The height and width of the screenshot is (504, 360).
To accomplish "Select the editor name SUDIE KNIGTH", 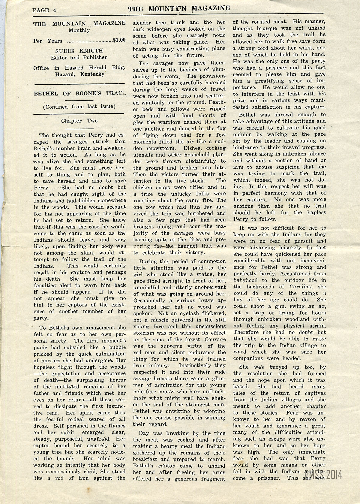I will pyautogui.click(x=79, y=50).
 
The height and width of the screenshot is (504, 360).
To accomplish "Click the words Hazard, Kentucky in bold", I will pyautogui.click(x=79, y=74).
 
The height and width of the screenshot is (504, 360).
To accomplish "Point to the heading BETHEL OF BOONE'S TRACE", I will pyautogui.click(x=79, y=93).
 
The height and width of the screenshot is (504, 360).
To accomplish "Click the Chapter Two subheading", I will pyautogui.click(x=79, y=121).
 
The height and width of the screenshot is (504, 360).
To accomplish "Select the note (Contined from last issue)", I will pyautogui.click(x=79, y=107).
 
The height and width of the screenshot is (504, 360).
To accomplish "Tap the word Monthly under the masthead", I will pyautogui.click(x=79, y=30).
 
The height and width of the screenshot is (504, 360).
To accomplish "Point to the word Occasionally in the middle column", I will pyautogui.click(x=149, y=300).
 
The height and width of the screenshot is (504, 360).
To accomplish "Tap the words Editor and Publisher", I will pyautogui.click(x=79, y=57).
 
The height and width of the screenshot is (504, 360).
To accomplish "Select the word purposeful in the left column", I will pyautogui.click(x=72, y=439).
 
